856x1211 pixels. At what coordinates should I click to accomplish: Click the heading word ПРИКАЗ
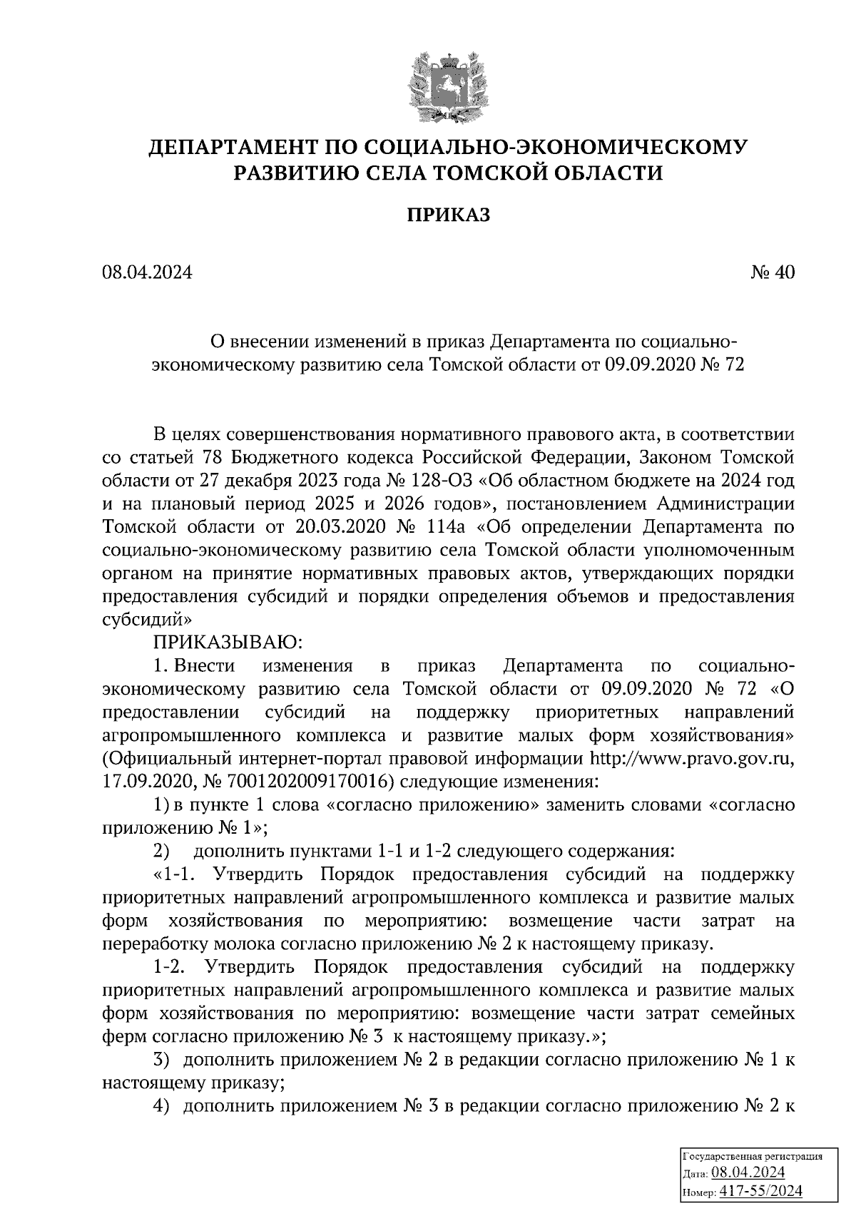point(449,215)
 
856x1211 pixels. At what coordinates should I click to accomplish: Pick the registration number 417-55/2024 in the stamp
point(760,1190)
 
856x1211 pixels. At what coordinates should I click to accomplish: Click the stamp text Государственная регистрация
point(753,1157)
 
